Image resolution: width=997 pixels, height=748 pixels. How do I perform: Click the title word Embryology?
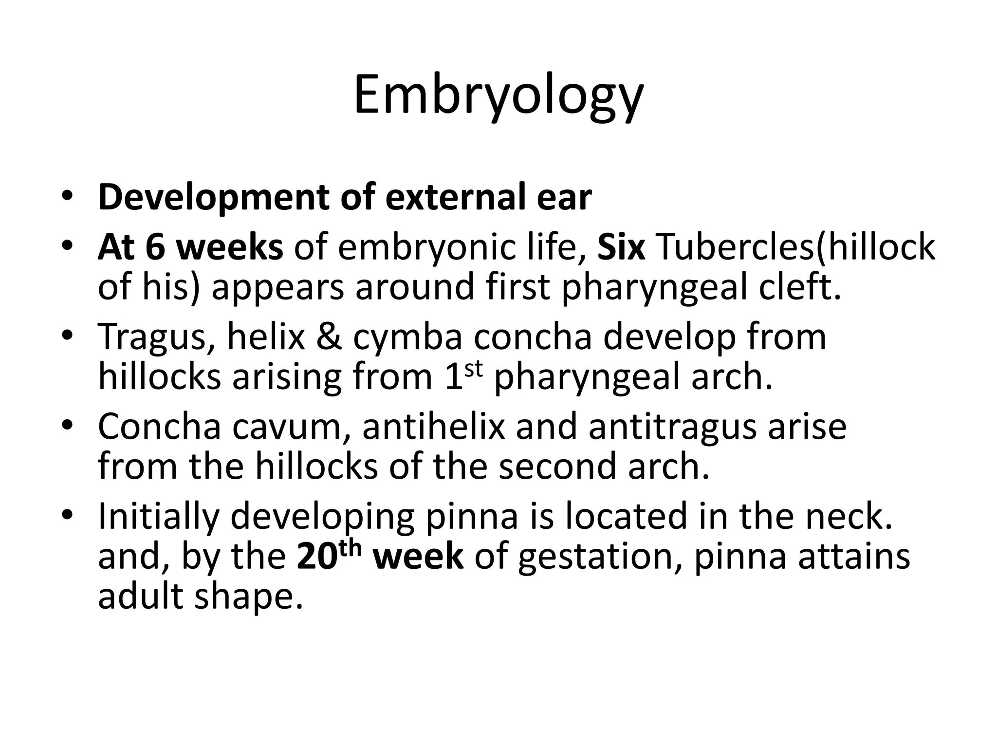[x=498, y=95]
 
